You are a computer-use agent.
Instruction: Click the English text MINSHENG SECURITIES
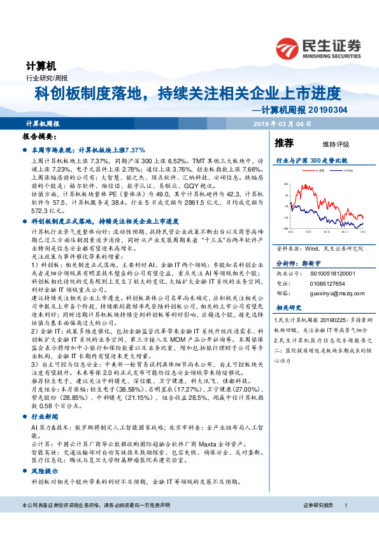click(x=331, y=54)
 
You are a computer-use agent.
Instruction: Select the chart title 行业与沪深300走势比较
click(x=310, y=161)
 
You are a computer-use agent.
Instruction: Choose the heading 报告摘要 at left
click(x=39, y=137)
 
